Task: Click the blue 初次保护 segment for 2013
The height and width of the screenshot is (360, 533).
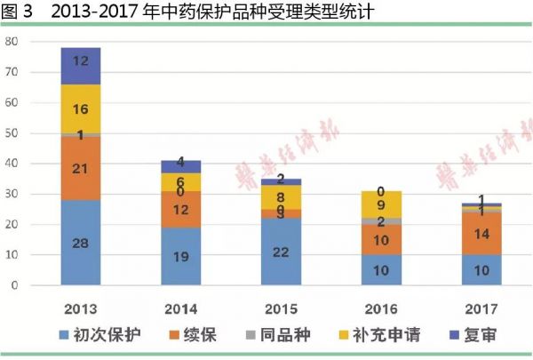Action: click(x=81, y=242)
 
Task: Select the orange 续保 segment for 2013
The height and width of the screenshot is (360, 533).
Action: click(x=81, y=168)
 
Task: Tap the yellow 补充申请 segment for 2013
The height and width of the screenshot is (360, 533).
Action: click(x=81, y=108)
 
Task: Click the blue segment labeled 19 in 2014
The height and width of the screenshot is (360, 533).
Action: click(x=181, y=256)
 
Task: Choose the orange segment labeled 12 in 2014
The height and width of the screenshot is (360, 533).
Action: click(x=181, y=210)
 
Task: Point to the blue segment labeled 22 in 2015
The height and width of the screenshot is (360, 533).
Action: click(x=281, y=252)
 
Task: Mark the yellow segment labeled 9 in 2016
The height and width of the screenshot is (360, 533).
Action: click(x=382, y=204)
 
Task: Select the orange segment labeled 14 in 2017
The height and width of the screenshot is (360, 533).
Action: click(x=481, y=235)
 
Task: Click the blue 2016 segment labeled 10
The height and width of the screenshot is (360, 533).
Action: click(x=382, y=269)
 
